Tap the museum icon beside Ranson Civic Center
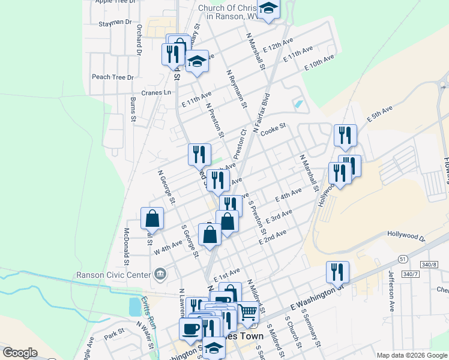[x=160, y=275]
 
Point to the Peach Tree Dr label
[x=112, y=77]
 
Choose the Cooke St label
[x=273, y=127]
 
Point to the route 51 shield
[x=402, y=257]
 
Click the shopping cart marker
[x=248, y=311]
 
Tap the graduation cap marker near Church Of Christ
[x=268, y=8]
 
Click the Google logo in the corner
[x=20, y=353]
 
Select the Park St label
[x=113, y=332]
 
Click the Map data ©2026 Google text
[x=412, y=355]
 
